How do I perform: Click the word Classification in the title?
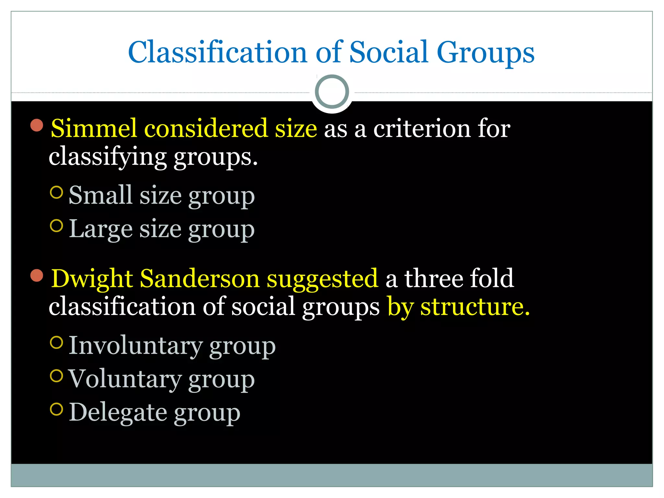(218, 53)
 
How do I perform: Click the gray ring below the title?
(332, 91)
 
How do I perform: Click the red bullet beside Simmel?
(37, 125)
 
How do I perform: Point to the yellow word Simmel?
(94, 128)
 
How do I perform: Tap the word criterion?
(422, 128)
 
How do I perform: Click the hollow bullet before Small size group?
(56, 192)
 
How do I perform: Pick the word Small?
(101, 195)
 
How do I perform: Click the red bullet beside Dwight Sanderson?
(37, 275)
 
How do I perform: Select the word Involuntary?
(136, 346)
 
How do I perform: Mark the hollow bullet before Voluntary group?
(56, 376)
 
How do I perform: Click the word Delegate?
(118, 412)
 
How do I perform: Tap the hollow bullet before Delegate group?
(56, 409)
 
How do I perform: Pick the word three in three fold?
(433, 278)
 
